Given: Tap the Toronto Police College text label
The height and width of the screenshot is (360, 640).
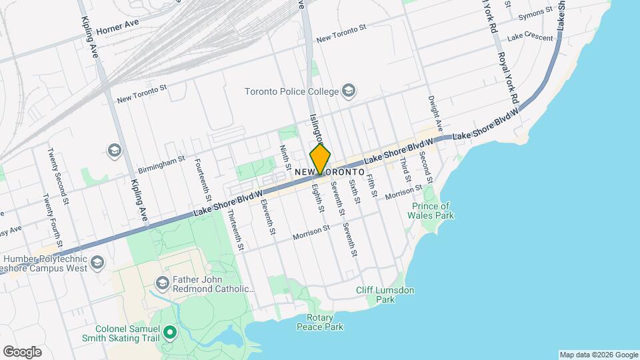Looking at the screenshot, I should pos(292,91).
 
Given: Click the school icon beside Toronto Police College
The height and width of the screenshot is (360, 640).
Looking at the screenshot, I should pos(349,91).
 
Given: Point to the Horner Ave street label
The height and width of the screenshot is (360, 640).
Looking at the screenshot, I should pos(117,31).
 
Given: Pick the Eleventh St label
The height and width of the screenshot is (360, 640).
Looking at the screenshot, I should pos(268,216).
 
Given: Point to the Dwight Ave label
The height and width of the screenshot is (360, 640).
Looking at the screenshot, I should pos(435,113).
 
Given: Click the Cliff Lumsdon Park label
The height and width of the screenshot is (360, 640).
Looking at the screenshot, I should pos(385,295).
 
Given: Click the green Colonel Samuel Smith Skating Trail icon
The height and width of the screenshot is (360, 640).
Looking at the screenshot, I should pos(169,331).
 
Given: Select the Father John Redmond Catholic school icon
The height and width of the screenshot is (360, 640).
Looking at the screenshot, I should pos(161,283).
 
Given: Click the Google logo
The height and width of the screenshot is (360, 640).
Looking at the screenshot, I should pos(22,351).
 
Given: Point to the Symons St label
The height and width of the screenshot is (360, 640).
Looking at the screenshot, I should pos(539,11).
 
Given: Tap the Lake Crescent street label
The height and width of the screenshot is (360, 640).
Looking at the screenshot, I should pos(529,38).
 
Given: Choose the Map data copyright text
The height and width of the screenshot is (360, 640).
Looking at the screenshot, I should pos(597,355).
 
